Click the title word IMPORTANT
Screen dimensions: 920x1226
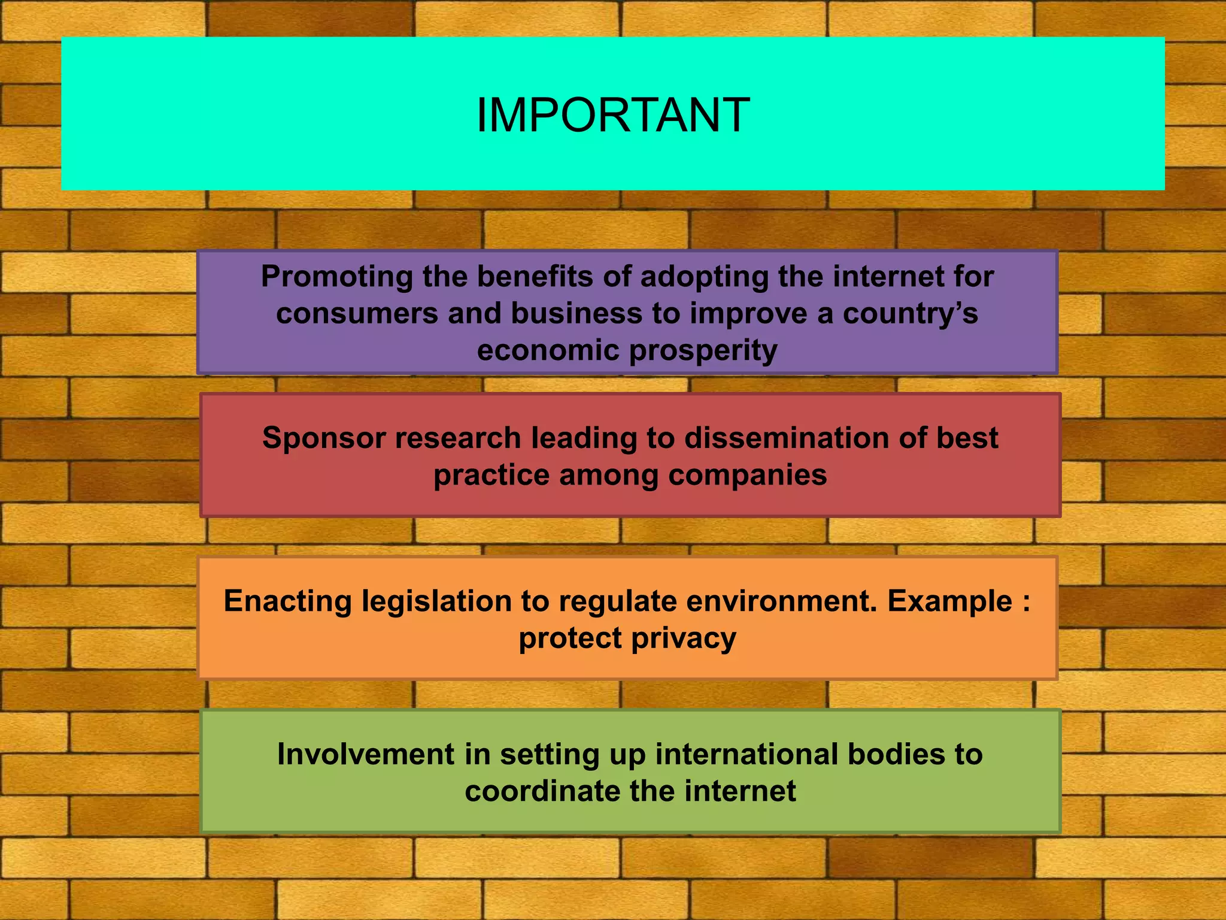tap(612, 115)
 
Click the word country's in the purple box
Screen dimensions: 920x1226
tap(911, 314)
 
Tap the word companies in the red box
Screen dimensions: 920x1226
tap(748, 475)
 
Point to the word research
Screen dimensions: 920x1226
tap(458, 438)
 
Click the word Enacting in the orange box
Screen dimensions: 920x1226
tap(287, 601)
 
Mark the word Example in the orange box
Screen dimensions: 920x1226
tap(949, 601)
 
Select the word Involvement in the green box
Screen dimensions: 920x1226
tap(366, 754)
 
